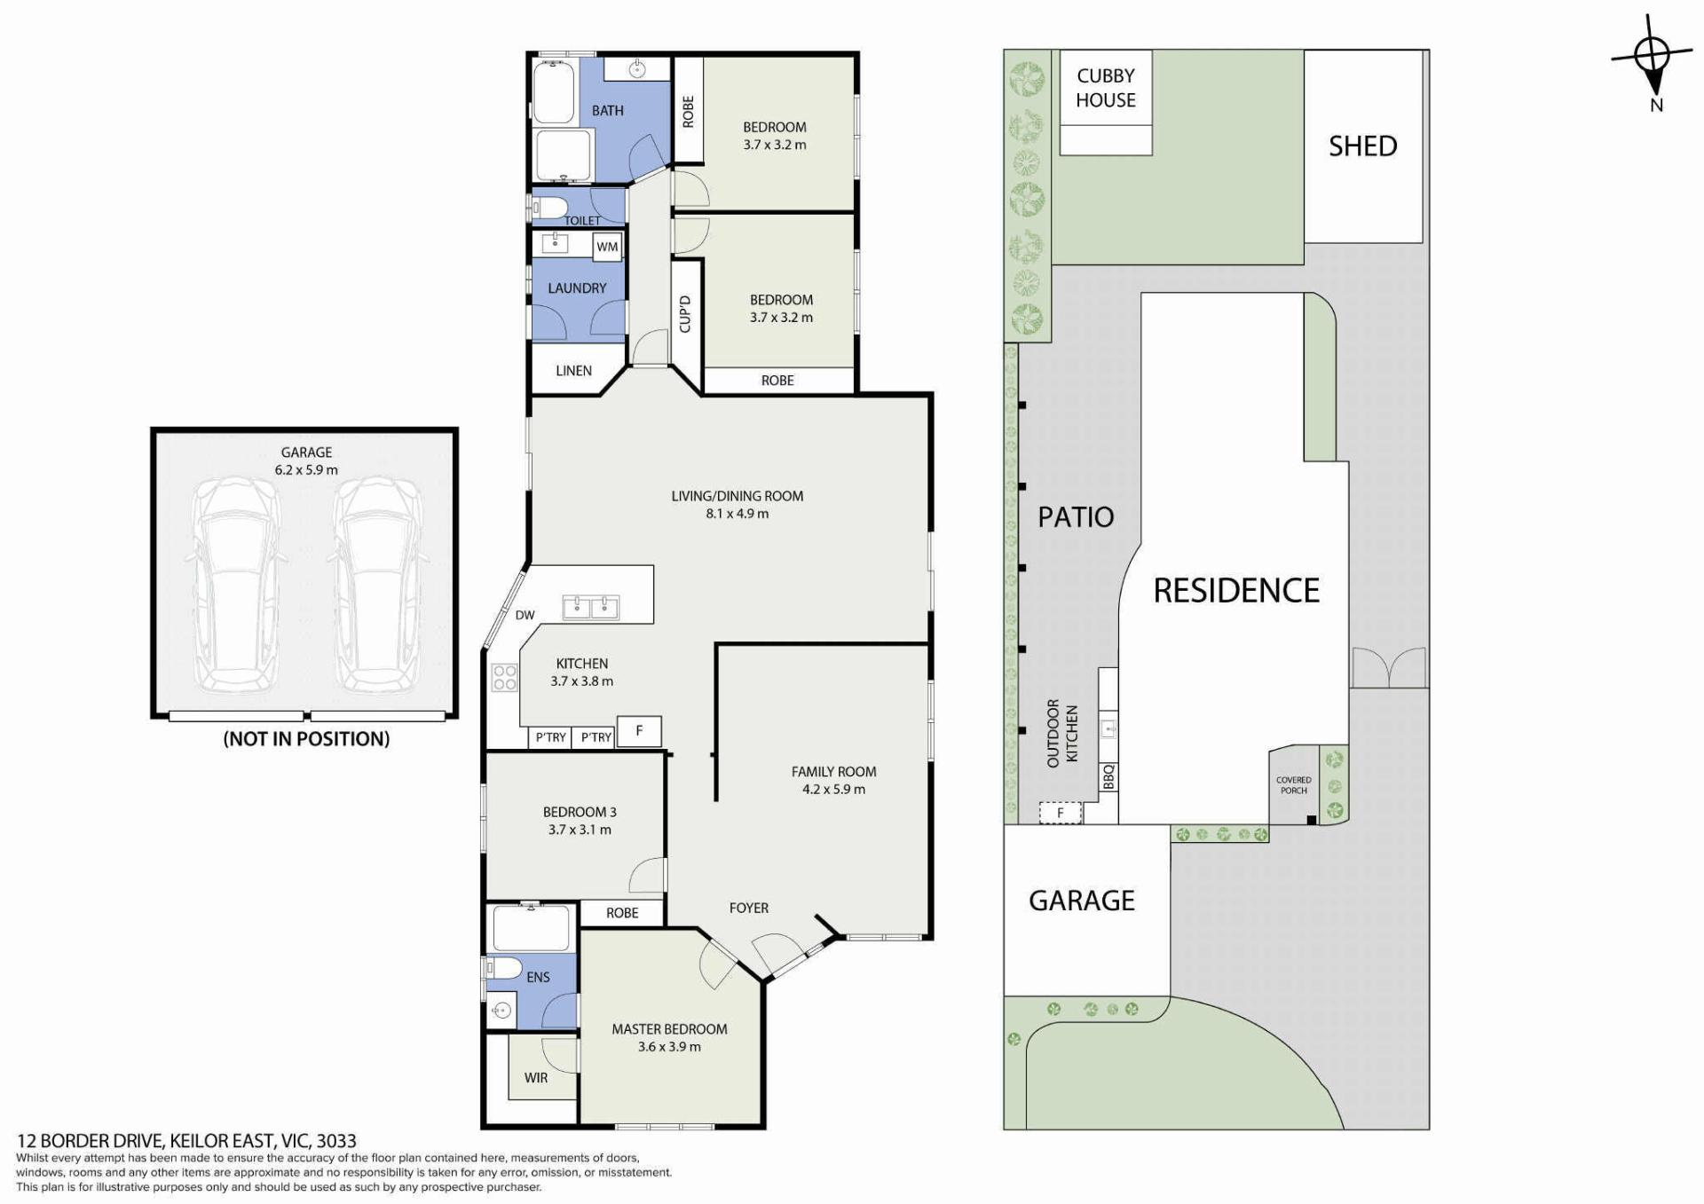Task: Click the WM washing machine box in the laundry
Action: pyautogui.click(x=607, y=247)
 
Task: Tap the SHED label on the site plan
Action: pyautogui.click(x=1362, y=146)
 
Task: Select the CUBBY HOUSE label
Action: pyautogui.click(x=1106, y=88)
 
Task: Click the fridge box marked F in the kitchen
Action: pyautogui.click(x=639, y=731)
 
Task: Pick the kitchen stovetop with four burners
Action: pyautogui.click(x=505, y=677)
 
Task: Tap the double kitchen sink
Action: pyautogui.click(x=591, y=608)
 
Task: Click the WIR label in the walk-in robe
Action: pyautogui.click(x=536, y=1077)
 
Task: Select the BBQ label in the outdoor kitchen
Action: pyautogui.click(x=1108, y=777)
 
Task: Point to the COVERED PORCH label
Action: pyautogui.click(x=1293, y=785)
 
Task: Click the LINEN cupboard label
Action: pyautogui.click(x=573, y=371)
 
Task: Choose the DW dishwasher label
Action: pyautogui.click(x=525, y=615)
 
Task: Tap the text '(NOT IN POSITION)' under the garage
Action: pyautogui.click(x=306, y=738)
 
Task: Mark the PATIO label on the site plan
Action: pyautogui.click(x=1076, y=516)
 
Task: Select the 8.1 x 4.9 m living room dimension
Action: pyautogui.click(x=738, y=514)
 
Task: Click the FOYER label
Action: pyautogui.click(x=749, y=908)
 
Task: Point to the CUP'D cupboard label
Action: pyautogui.click(x=684, y=314)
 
